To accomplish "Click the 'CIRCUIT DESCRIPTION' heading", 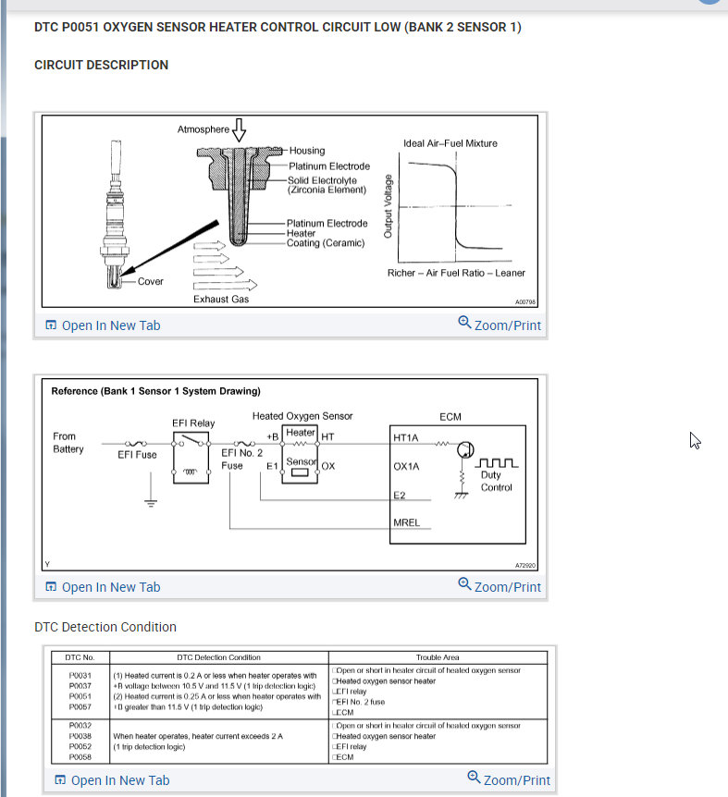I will point(101,65).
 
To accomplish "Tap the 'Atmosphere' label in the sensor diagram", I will point(203,129).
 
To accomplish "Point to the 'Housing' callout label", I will point(307,151).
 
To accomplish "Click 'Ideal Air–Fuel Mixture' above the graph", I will point(450,143).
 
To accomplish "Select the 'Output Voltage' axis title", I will point(388,204).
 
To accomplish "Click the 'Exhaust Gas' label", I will point(221,299).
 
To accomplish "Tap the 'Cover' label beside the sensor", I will point(150,281).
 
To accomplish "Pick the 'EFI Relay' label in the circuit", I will point(193,423).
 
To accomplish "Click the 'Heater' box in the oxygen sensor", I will point(301,433).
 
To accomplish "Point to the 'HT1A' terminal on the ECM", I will point(407,435).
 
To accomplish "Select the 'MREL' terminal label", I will point(406,522).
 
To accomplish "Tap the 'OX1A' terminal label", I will point(407,466).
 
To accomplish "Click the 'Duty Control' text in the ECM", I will point(497,482).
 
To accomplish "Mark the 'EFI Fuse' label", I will point(137,455).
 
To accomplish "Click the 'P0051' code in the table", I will point(80,696).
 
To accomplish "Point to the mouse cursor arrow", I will point(695,440).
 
